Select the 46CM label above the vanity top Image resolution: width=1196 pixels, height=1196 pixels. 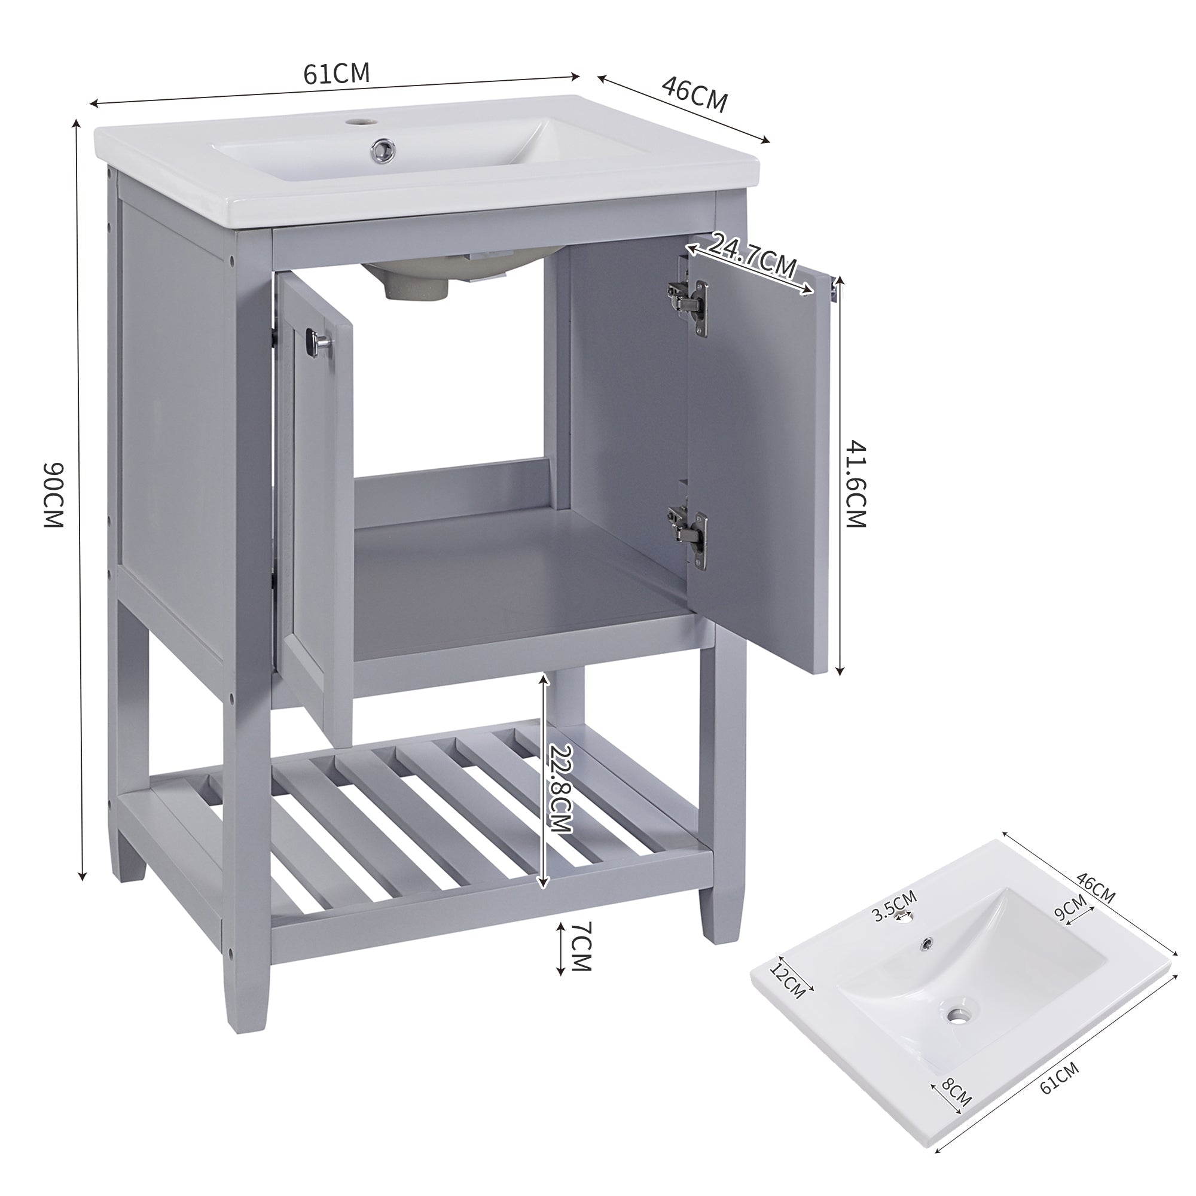click(694, 94)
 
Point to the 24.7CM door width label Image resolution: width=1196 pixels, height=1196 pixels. click(750, 256)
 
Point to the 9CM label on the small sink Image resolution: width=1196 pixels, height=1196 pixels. click(1070, 908)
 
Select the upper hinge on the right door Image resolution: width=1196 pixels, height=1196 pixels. click(688, 298)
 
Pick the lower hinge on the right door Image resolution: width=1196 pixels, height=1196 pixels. click(688, 529)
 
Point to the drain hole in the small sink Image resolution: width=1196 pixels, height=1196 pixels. click(959, 1015)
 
